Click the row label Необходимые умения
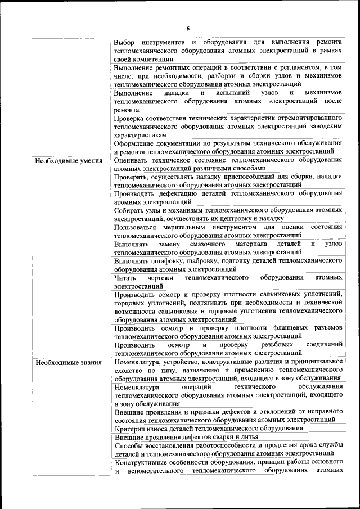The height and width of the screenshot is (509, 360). [68, 161]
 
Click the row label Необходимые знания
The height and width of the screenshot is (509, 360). [68, 362]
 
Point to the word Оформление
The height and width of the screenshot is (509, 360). [135, 144]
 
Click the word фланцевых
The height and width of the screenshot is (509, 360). [279, 328]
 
